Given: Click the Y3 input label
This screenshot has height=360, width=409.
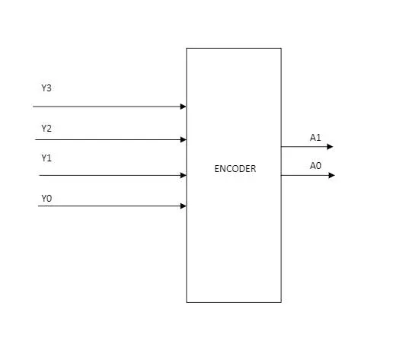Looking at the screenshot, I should (46, 88).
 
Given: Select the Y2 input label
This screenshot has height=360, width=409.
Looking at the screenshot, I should (46, 128).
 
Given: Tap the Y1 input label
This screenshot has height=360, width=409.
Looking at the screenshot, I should (46, 158).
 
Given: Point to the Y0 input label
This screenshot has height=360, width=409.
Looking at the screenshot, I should (46, 199).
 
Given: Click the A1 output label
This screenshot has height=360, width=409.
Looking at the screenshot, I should (315, 138).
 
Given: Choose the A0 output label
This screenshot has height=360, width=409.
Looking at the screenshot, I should (315, 166).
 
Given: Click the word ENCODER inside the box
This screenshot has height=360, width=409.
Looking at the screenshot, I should (235, 169).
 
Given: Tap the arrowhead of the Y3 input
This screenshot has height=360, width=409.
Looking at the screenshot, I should (183, 107).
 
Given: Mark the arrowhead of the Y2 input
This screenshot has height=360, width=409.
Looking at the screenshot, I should (183, 139).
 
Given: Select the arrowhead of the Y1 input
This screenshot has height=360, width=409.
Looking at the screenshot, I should (183, 175).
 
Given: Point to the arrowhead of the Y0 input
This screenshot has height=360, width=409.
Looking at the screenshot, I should (183, 205).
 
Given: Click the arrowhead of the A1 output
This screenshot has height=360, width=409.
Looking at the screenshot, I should (330, 147).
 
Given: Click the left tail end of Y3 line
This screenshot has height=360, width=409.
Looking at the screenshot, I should (34, 107).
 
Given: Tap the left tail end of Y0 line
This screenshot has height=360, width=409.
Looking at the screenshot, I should (39, 205).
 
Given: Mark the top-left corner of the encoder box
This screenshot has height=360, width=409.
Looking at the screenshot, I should (187, 49).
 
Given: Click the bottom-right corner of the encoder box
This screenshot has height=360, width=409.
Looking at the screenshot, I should (281, 302).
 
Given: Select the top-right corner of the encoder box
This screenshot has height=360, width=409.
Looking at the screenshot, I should (281, 49).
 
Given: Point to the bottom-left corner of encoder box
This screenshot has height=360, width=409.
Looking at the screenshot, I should (187, 302).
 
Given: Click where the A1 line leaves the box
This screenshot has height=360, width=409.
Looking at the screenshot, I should (281, 147).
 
